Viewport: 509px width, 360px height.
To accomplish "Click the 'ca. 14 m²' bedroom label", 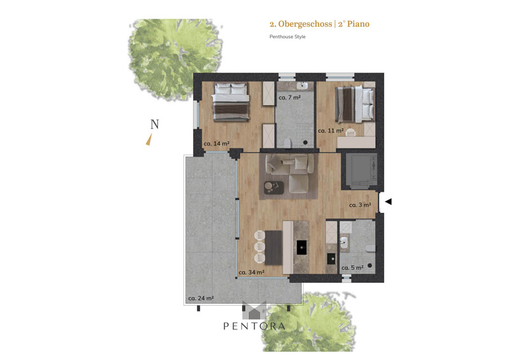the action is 217,143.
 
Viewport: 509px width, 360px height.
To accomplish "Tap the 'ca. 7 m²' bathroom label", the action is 290,97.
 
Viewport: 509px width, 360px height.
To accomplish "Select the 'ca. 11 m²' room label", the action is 331,131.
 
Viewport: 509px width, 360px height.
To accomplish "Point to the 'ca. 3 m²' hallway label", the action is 360,205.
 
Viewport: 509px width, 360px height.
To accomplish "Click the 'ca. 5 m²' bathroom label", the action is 352,268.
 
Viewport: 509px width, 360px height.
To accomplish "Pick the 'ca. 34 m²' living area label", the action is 252,272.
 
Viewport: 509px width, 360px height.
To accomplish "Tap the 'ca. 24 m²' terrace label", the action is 201,298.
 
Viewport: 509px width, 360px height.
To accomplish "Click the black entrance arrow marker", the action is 388,201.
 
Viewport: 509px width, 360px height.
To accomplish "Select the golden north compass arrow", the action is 148,140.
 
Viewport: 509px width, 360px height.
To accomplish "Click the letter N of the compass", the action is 155,124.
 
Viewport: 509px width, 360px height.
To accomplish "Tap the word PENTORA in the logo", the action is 254,326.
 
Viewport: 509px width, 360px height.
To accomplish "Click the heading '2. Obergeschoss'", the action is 301,24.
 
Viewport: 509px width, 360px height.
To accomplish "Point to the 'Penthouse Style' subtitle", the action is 287,37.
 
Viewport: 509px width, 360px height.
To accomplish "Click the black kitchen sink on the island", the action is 302,248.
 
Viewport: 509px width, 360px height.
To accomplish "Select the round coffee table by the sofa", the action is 269,186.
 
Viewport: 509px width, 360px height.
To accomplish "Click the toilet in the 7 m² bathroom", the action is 287,142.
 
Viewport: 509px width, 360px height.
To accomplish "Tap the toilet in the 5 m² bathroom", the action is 370,248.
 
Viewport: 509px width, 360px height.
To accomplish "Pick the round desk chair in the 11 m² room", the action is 350,133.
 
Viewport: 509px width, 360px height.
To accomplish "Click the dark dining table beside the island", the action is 274,248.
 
